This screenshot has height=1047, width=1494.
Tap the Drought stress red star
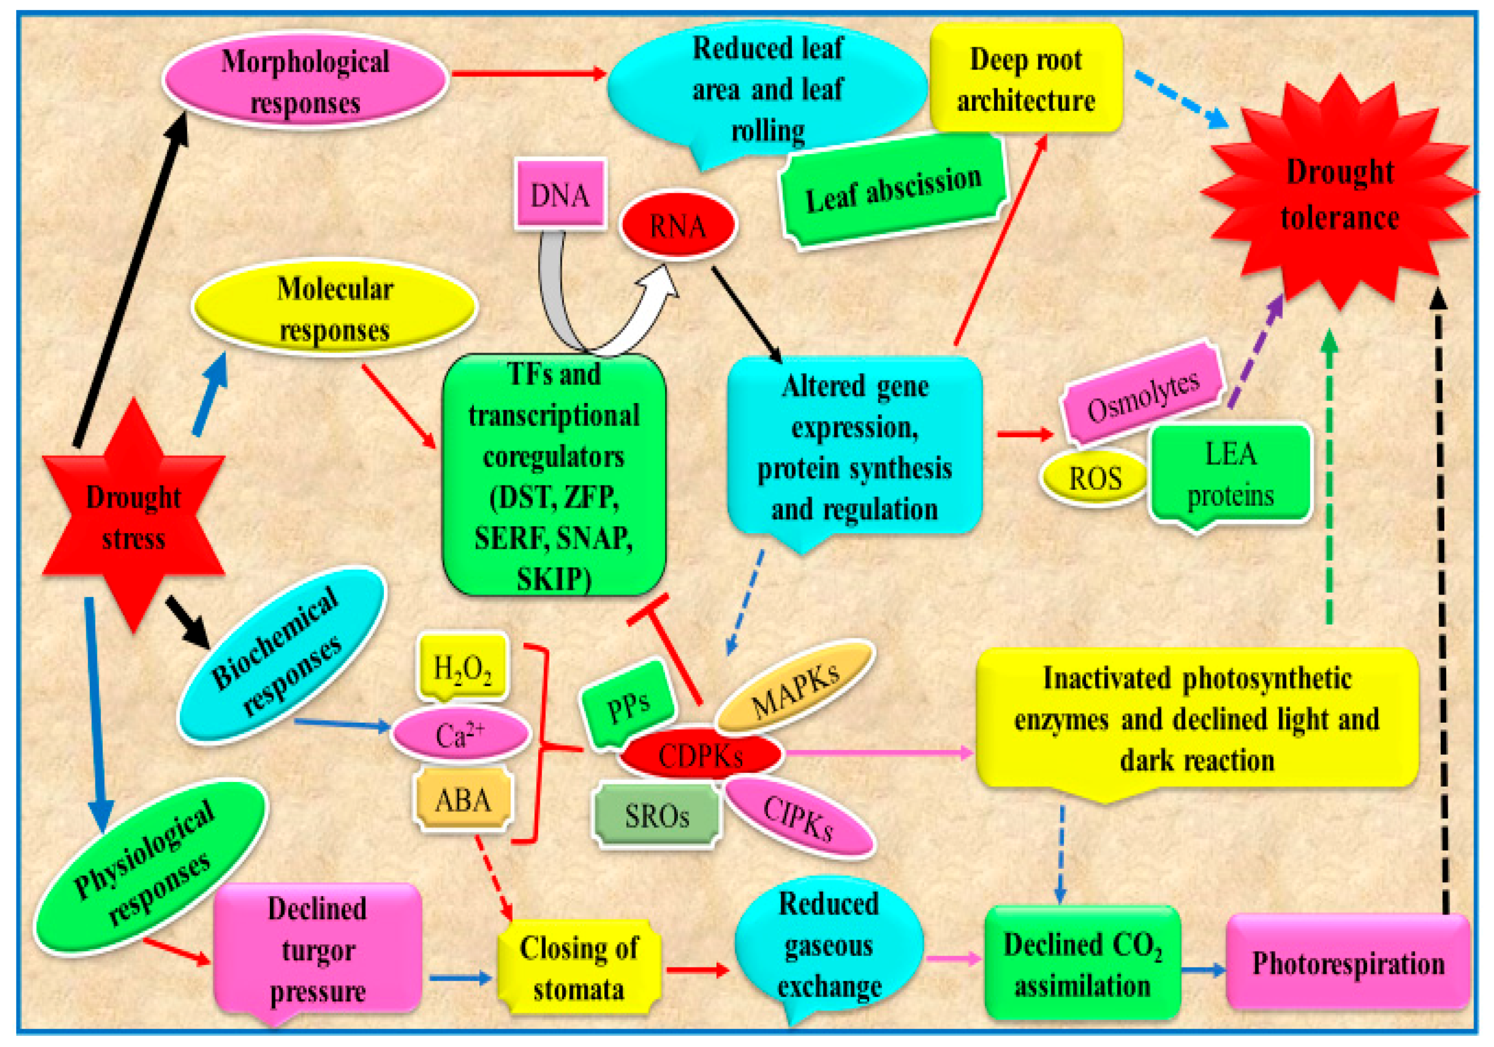[x=134, y=515]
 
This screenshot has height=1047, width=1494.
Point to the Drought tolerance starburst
[x=1339, y=193]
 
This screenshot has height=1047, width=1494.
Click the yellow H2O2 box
[x=462, y=667]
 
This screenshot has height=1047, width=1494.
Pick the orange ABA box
[x=463, y=799]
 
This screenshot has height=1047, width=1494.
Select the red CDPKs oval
[x=700, y=754]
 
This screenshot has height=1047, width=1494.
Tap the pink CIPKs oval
[x=799, y=817]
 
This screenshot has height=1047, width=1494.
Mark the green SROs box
[x=657, y=815]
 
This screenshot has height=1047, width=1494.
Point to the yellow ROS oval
[x=1095, y=479]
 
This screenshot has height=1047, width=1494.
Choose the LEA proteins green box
[x=1230, y=475]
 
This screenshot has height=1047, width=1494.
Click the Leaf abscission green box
[x=893, y=189]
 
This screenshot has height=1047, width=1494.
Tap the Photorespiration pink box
[x=1348, y=962]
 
